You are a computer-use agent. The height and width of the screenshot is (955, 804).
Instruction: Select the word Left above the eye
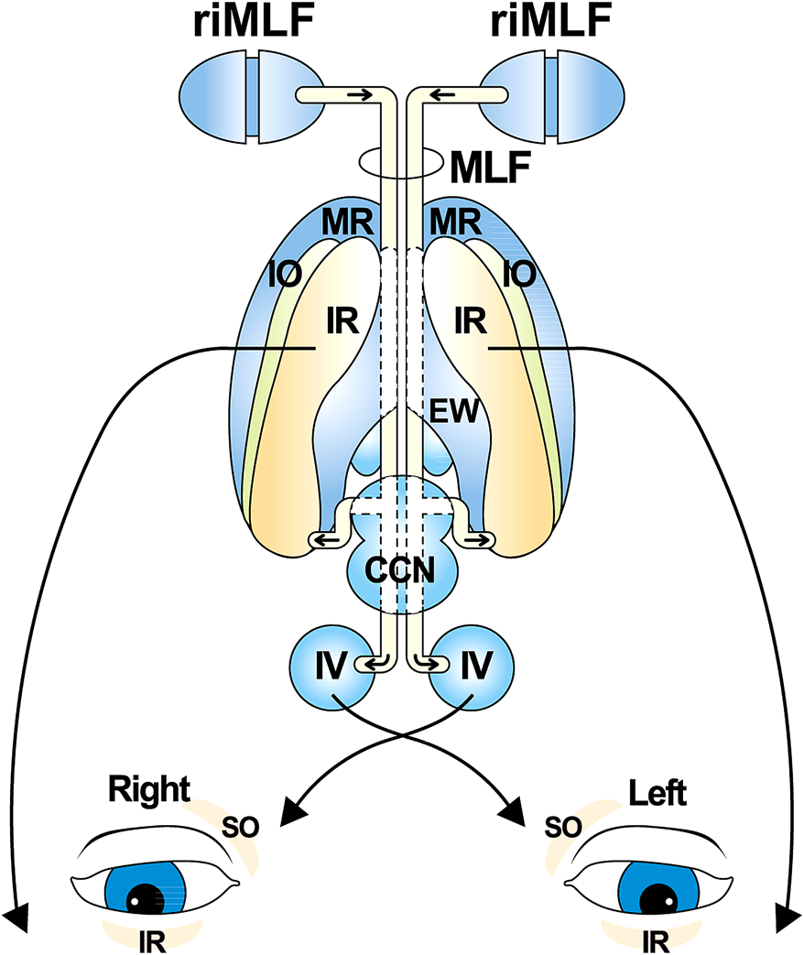657,792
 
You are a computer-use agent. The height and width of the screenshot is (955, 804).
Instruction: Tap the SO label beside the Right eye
240,828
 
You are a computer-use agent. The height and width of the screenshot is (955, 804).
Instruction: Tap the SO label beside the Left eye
561,828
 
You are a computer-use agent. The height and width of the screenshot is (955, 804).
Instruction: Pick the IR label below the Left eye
654,940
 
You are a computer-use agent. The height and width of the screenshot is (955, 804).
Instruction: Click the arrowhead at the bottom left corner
16,914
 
